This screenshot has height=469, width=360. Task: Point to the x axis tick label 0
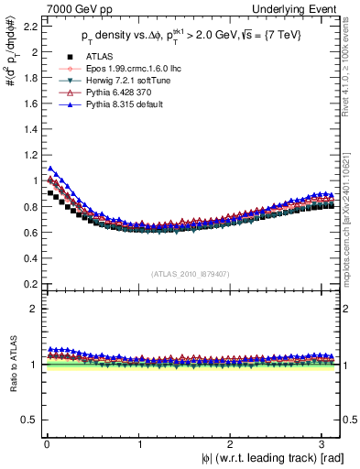[47, 443]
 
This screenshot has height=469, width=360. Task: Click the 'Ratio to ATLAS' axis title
[11, 364]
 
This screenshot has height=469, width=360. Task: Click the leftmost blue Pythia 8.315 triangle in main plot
[50, 168]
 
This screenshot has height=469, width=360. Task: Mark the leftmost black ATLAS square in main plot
[50, 193]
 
